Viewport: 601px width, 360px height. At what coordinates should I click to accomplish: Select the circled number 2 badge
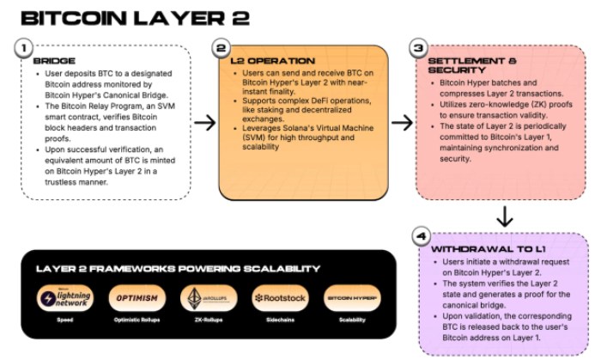222,49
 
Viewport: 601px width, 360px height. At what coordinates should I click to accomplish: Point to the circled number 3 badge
419,49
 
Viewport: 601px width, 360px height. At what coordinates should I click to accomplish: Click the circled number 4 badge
422,235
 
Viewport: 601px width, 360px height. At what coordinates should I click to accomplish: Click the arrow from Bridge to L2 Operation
204,123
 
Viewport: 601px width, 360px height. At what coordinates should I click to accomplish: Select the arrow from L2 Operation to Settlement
402,123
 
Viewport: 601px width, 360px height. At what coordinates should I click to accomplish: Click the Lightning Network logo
65,298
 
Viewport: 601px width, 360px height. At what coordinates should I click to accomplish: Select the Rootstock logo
275,298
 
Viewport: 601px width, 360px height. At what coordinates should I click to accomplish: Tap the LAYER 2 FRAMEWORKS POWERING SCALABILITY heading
178,268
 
